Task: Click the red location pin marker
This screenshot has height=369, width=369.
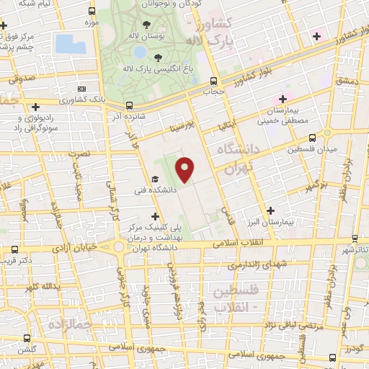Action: coord(185,169)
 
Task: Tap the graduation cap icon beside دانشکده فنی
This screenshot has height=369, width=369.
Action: coord(154,179)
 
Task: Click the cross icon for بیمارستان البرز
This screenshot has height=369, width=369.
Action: coord(270,210)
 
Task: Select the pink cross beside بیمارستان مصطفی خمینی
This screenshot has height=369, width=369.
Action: coord(283,98)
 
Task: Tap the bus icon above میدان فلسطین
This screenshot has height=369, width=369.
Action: coord(311,138)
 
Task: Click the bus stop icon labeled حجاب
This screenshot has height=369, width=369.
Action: coord(213,81)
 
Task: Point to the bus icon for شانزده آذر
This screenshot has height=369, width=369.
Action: coord(128,104)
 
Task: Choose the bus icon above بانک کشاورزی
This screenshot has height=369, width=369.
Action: coord(81,88)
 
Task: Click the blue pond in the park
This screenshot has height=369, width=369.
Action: coord(68,43)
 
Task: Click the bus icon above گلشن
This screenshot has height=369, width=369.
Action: coord(27,337)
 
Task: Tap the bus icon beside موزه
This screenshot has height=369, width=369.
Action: coord(91,12)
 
